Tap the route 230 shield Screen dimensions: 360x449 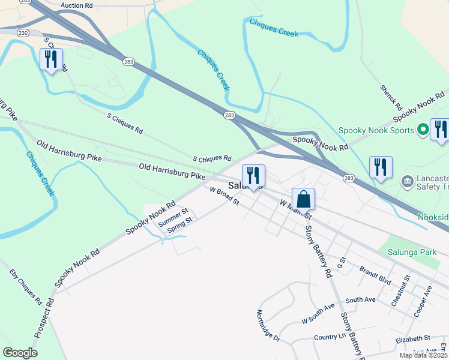coord(23,32)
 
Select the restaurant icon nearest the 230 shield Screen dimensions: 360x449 coord(51,60)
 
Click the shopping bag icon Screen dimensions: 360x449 coord(303,199)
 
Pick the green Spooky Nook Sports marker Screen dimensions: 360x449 coord(423,129)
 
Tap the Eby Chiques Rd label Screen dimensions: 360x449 coord(25,286)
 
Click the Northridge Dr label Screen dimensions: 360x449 coord(268,326)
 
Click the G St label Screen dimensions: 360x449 coord(342,262)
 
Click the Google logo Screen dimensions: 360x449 coord(20,353)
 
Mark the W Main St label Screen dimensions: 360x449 coord(296,209)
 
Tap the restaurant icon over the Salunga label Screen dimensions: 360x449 coord(253,176)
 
